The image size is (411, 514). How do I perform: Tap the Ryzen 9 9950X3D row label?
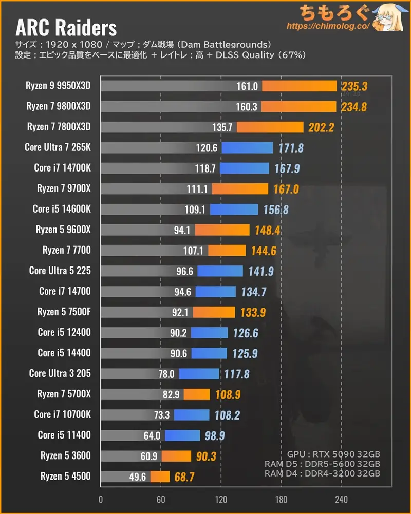pyautogui.click(x=58, y=86)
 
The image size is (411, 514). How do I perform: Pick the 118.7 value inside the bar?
pyautogui.click(x=206, y=168)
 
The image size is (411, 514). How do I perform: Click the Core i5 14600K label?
pyautogui.click(x=62, y=209)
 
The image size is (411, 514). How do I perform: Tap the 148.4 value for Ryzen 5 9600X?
pyautogui.click(x=267, y=230)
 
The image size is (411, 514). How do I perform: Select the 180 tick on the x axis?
pyautogui.click(x=281, y=500)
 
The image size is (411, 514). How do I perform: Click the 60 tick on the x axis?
pyautogui.click(x=161, y=500)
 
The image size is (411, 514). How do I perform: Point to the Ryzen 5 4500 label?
pyautogui.click(x=66, y=476)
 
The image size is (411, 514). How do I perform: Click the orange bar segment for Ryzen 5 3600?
pyautogui.click(x=176, y=456)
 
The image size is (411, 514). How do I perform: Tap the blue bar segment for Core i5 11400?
pyautogui.click(x=182, y=435)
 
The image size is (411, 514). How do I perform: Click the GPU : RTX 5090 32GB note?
pyautogui.click(x=333, y=454)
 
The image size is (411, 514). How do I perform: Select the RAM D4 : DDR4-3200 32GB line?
pyautogui.click(x=322, y=474)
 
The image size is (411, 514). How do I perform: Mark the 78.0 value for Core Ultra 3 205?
pyautogui.click(x=166, y=374)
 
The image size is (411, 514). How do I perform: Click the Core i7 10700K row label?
pyautogui.click(x=62, y=414)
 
